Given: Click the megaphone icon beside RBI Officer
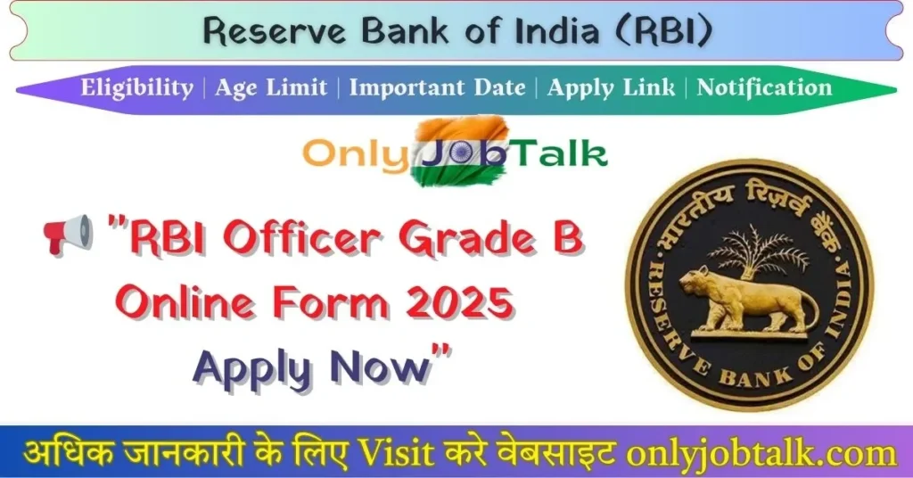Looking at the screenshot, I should (x=68, y=233).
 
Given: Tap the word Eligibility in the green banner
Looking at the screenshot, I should (x=136, y=87).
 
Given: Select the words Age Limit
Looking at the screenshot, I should (x=272, y=87).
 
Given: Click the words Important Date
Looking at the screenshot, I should (x=437, y=87).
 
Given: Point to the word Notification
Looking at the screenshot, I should (x=764, y=87).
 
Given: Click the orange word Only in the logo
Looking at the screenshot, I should (x=355, y=152).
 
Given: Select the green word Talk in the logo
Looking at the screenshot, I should (x=560, y=152).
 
